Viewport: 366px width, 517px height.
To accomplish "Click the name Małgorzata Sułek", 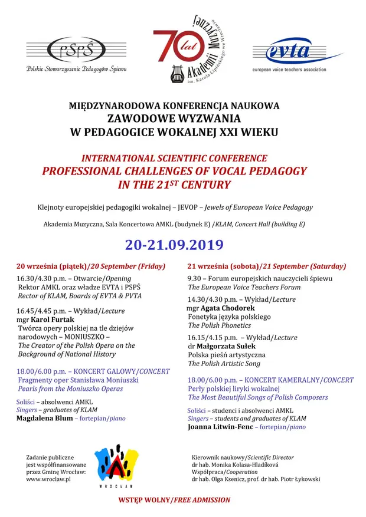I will tap(227, 347).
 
